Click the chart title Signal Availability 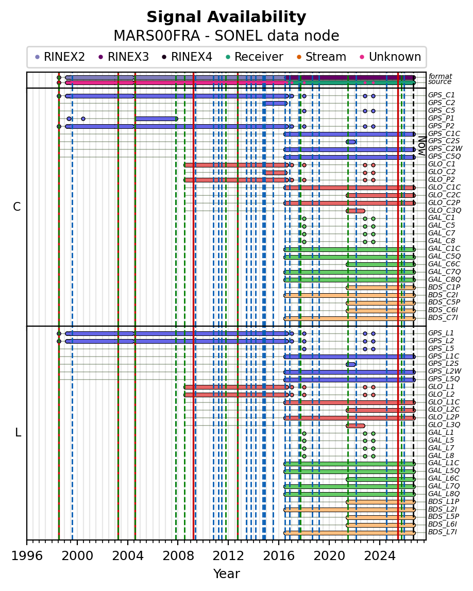click(226, 18)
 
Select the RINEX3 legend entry click(124, 57)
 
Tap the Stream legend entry click(322, 57)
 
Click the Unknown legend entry click(391, 57)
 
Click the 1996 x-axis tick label click(27, 555)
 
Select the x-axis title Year click(226, 573)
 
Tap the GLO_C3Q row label click(445, 210)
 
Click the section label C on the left click(17, 207)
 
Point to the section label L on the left click(18, 433)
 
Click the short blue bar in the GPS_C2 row click(275, 103)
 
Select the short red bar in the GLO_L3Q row click(356, 426)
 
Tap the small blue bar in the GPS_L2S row click(351, 364)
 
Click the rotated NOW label click(422, 146)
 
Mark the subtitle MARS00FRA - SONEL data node click(226, 36)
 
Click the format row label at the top click(440, 76)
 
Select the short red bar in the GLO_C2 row click(275, 173)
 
